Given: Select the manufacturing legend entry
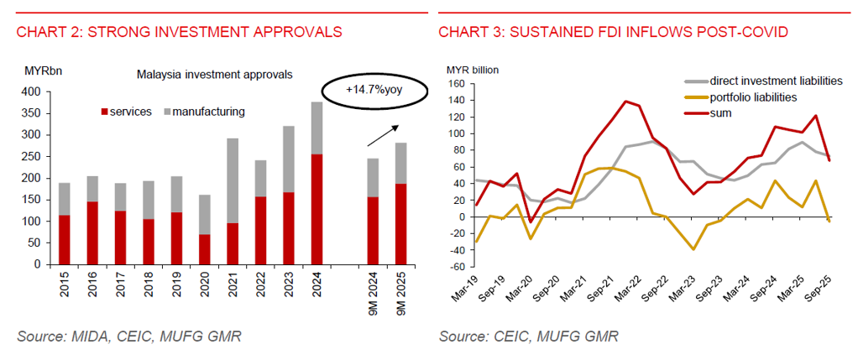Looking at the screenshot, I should (203, 111).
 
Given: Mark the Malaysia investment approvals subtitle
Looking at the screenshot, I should (214, 74).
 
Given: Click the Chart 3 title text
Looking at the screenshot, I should (613, 33).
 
